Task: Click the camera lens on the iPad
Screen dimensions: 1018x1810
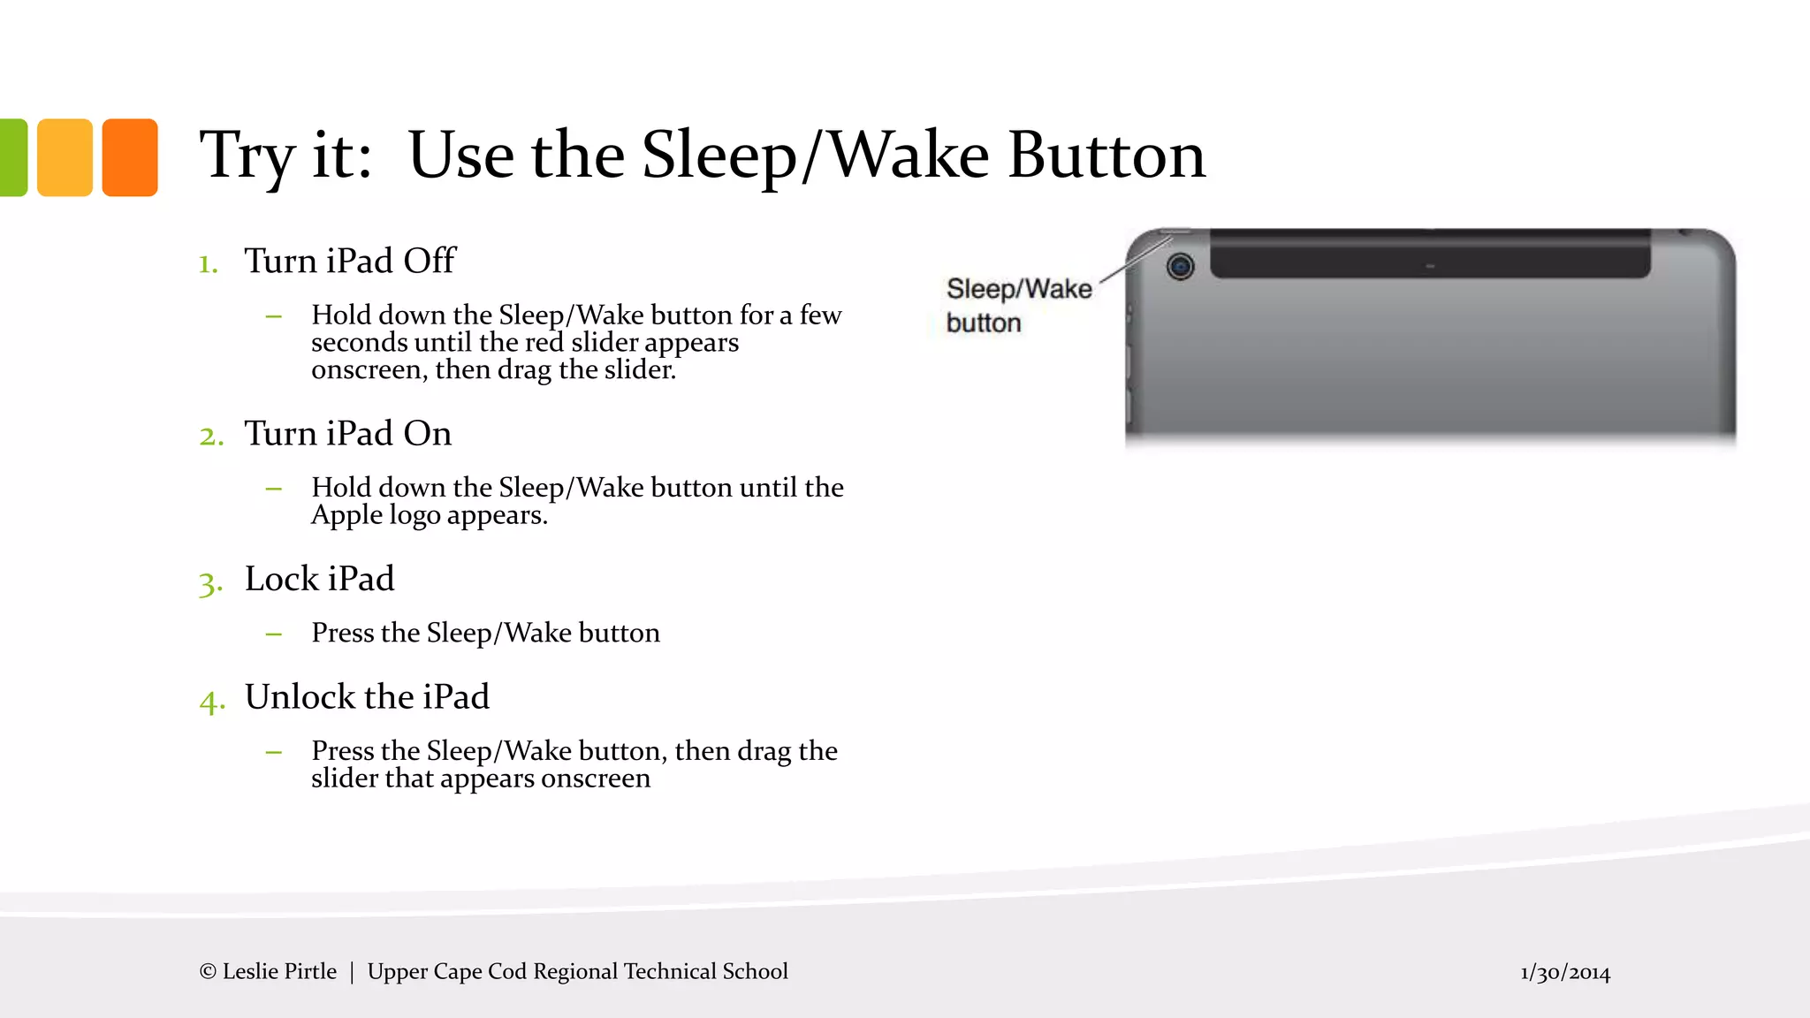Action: (1180, 266)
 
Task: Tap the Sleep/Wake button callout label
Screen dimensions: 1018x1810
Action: (1018, 306)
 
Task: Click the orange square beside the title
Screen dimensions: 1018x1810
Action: (130, 157)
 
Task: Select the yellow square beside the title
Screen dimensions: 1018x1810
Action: (65, 157)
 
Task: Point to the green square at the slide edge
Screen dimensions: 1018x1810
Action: (12, 157)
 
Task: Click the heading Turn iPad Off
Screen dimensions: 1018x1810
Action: (350, 261)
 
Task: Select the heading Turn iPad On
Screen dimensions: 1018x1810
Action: (347, 433)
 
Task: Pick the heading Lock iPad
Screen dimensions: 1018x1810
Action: (319, 579)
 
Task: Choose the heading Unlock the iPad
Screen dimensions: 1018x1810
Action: (367, 697)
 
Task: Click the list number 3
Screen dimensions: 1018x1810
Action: (209, 583)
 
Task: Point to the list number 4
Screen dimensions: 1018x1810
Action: (211, 702)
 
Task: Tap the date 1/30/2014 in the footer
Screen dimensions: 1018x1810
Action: (1564, 973)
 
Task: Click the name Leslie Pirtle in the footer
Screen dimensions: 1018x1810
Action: (279, 971)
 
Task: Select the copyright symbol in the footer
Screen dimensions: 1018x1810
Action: (208, 972)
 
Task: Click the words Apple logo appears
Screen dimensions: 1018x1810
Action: (430, 515)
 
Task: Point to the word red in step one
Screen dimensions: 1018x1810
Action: (544, 342)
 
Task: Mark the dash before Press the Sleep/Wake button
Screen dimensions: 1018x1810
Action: (274, 634)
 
